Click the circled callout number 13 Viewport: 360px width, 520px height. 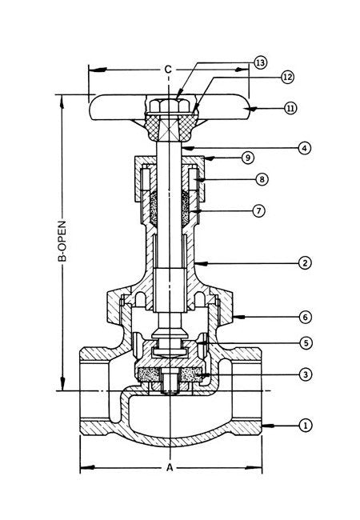(x=260, y=62)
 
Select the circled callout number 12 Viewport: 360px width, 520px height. (x=287, y=77)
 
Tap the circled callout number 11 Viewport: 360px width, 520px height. (x=290, y=108)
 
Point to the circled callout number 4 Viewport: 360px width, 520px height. (x=304, y=148)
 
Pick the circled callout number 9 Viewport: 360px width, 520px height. (x=248, y=158)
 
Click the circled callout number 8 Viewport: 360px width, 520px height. (x=262, y=179)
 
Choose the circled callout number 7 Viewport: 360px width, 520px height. (x=258, y=210)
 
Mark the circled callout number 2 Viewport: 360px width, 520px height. (x=305, y=263)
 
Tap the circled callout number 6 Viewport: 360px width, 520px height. (x=306, y=317)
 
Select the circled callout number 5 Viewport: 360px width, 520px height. (x=306, y=342)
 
